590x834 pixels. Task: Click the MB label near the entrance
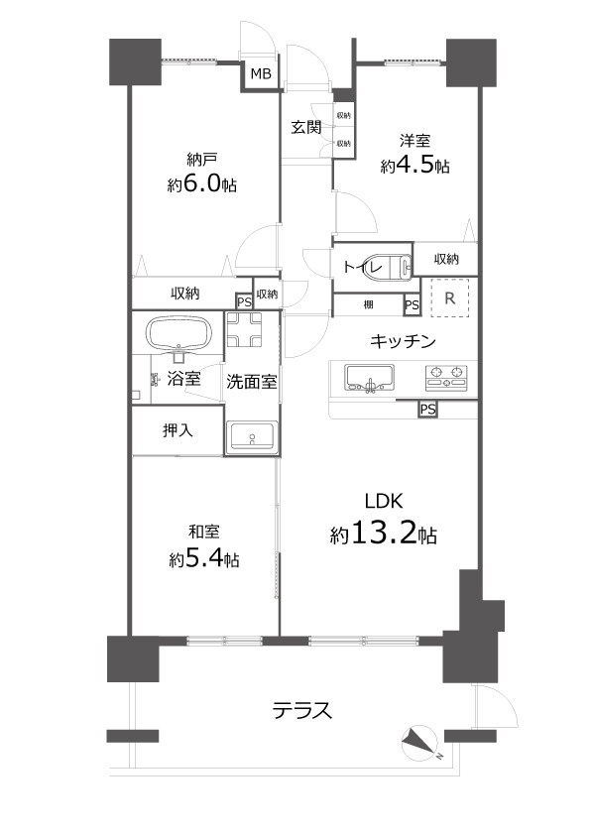[x=260, y=74]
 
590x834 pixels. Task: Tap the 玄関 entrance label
[x=304, y=127]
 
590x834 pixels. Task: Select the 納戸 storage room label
[x=201, y=159]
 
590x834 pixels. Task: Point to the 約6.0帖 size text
[x=201, y=184]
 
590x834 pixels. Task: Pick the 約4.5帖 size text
[x=414, y=167]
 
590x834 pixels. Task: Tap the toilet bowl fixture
[x=394, y=266]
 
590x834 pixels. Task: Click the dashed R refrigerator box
[x=449, y=298]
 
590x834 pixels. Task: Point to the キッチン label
[x=403, y=342]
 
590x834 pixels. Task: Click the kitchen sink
[x=369, y=379]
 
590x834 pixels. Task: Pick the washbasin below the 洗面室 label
[x=251, y=437]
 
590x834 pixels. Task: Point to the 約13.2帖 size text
[x=383, y=535]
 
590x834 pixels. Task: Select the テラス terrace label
[x=301, y=711]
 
